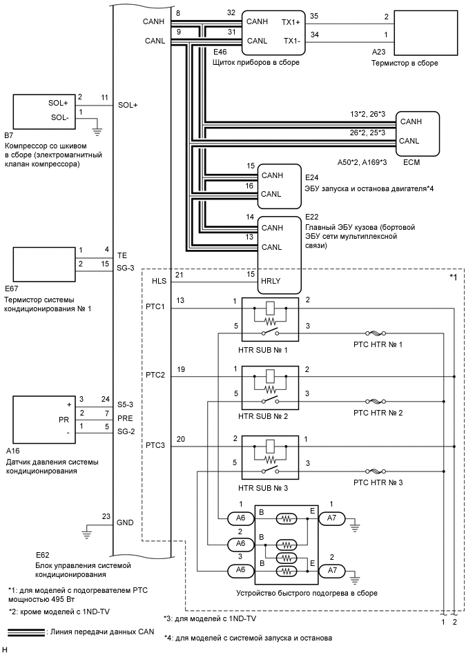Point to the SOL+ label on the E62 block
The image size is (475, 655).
pos(128,105)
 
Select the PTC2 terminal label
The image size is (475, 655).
pos(155,375)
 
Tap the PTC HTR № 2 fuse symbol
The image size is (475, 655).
pos(376,401)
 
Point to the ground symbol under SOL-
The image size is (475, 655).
pos(97,128)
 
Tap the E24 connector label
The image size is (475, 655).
pos(313,177)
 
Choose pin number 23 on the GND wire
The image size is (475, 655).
pos(106,516)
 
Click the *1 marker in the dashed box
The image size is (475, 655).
pos(454,277)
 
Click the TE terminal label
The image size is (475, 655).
pos(123,255)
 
